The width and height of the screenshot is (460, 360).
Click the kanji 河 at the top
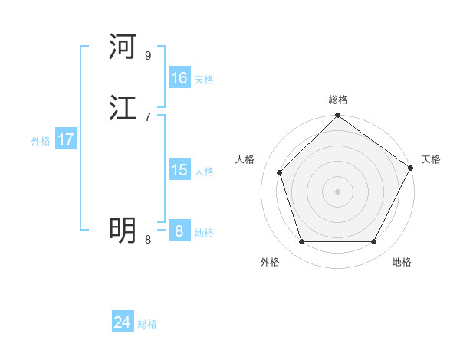coord(123,47)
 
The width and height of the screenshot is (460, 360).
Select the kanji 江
coord(123,108)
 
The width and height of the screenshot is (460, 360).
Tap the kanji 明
coord(123,230)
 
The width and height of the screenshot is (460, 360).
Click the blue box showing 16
coord(179,78)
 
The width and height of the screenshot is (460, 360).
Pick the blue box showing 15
coord(179,170)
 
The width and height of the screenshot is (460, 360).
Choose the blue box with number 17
coord(66,139)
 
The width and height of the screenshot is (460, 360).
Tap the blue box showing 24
coord(123,322)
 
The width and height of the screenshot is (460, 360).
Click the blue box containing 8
coord(179,231)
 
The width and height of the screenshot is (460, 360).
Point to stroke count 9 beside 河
coord(147,56)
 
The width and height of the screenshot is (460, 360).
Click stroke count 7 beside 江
coord(147,116)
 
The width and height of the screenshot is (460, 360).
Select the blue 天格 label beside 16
coord(204,80)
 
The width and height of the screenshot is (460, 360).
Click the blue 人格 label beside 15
coord(204,172)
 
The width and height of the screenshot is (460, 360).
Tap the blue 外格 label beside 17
coord(41,141)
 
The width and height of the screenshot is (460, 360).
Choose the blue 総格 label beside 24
coord(147,324)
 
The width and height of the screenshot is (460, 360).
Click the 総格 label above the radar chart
coord(337,100)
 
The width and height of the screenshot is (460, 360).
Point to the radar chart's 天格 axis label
coord(431,159)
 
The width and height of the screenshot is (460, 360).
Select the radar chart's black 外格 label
coord(270,262)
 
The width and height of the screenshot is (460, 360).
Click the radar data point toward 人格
coord(280,172)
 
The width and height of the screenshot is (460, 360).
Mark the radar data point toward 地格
coord(373,242)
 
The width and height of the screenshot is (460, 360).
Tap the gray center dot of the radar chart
coord(337,191)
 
